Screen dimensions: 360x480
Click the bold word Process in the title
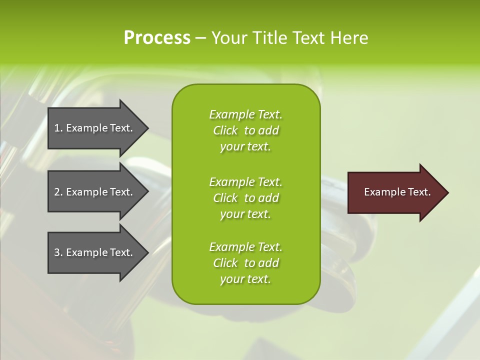pos(157,38)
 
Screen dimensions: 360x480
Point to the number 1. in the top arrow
pos(58,128)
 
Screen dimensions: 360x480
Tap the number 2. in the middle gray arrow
pos(58,192)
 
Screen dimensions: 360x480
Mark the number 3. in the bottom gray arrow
pos(58,252)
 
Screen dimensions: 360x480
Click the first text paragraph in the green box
pos(245,130)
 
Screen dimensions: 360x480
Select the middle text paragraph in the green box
pos(245,197)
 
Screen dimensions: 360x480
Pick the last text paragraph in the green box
pos(245,263)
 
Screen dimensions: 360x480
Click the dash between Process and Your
pos(200,38)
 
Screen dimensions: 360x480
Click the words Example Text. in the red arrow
pos(397,192)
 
